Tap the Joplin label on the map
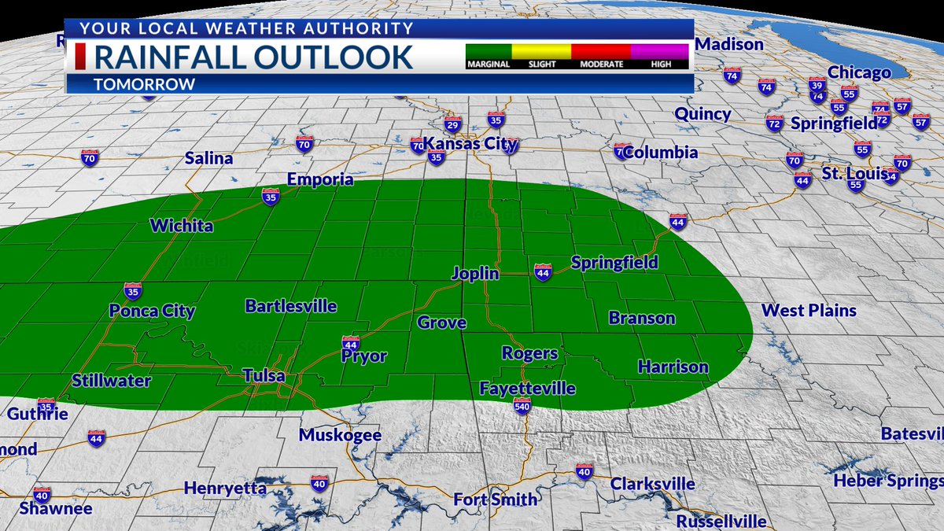tap(475, 274)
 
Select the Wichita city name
tap(182, 227)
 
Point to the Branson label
tap(642, 318)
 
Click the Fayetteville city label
tap(527, 389)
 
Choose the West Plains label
tap(809, 311)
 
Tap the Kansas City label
tap(470, 144)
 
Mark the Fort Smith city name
tap(496, 500)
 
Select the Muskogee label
tap(340, 435)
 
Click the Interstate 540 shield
tap(522, 405)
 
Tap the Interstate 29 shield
tap(452, 124)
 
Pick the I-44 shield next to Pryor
tap(351, 343)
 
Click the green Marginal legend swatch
tap(489, 51)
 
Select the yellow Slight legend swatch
tap(541, 51)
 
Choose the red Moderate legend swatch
tap(601, 51)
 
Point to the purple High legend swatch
tap(661, 51)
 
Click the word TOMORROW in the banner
tap(144, 84)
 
